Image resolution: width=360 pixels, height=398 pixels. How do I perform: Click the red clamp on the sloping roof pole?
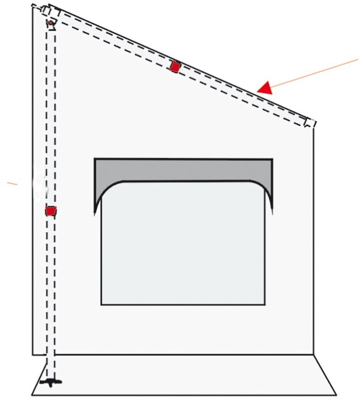174,66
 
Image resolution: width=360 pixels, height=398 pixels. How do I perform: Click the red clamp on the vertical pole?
51,211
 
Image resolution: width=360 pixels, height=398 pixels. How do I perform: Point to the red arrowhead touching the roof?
265,87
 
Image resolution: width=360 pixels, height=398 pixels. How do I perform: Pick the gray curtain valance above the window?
183,170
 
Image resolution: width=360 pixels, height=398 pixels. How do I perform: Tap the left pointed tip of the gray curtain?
95,212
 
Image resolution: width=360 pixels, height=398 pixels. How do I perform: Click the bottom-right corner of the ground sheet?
336,394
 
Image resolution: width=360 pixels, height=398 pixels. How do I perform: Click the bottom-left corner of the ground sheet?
32,394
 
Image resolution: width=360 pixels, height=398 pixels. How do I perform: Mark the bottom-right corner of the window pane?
265,304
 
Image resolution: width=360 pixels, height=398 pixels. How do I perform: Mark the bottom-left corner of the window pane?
101,304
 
